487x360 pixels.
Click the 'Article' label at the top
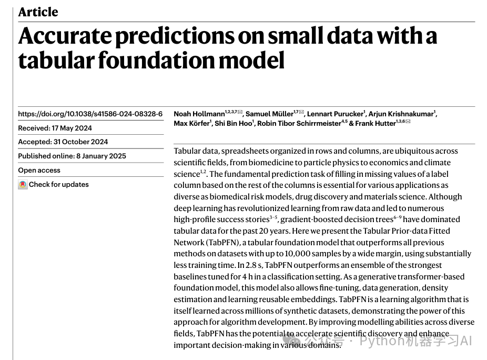point(38,12)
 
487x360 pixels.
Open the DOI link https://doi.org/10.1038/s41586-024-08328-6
point(90,114)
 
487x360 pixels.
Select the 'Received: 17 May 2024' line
point(55,128)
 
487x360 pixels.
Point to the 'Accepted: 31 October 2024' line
point(63,142)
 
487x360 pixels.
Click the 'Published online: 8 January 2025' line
point(72,156)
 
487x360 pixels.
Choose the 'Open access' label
point(39,170)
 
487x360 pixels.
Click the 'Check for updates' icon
point(23,185)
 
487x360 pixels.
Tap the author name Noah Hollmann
point(199,114)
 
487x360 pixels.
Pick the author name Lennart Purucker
point(335,114)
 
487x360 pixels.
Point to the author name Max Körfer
point(191,123)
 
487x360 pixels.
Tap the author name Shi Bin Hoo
point(234,123)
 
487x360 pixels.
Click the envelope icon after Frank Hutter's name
point(408,122)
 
